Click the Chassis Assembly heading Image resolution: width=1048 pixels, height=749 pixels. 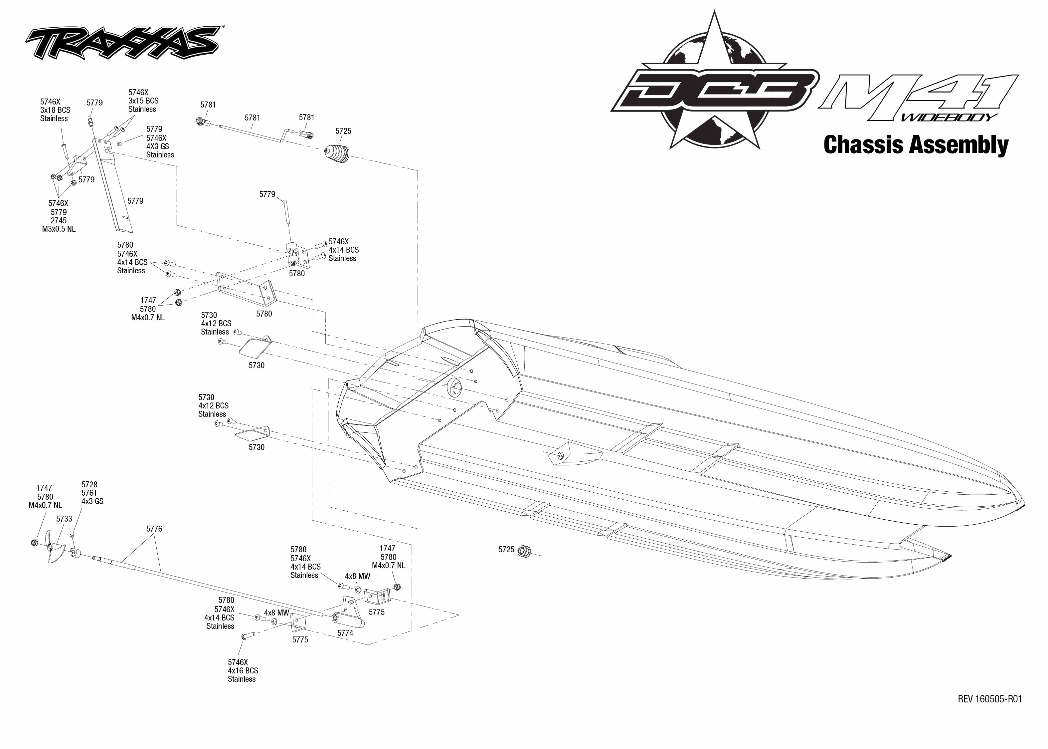tap(916, 144)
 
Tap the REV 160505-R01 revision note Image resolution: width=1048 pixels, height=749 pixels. tap(989, 699)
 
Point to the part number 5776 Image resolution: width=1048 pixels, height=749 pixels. tap(154, 529)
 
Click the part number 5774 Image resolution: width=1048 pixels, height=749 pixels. tap(345, 633)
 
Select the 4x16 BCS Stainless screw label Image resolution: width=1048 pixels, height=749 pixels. tap(243, 670)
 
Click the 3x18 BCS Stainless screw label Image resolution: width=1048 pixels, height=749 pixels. tap(55, 110)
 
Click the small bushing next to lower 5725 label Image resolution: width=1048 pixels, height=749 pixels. tap(524, 550)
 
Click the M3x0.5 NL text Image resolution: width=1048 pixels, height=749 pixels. tap(59, 229)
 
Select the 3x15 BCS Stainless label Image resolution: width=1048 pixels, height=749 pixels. tap(143, 101)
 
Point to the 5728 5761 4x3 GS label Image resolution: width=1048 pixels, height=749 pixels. tap(92, 493)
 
